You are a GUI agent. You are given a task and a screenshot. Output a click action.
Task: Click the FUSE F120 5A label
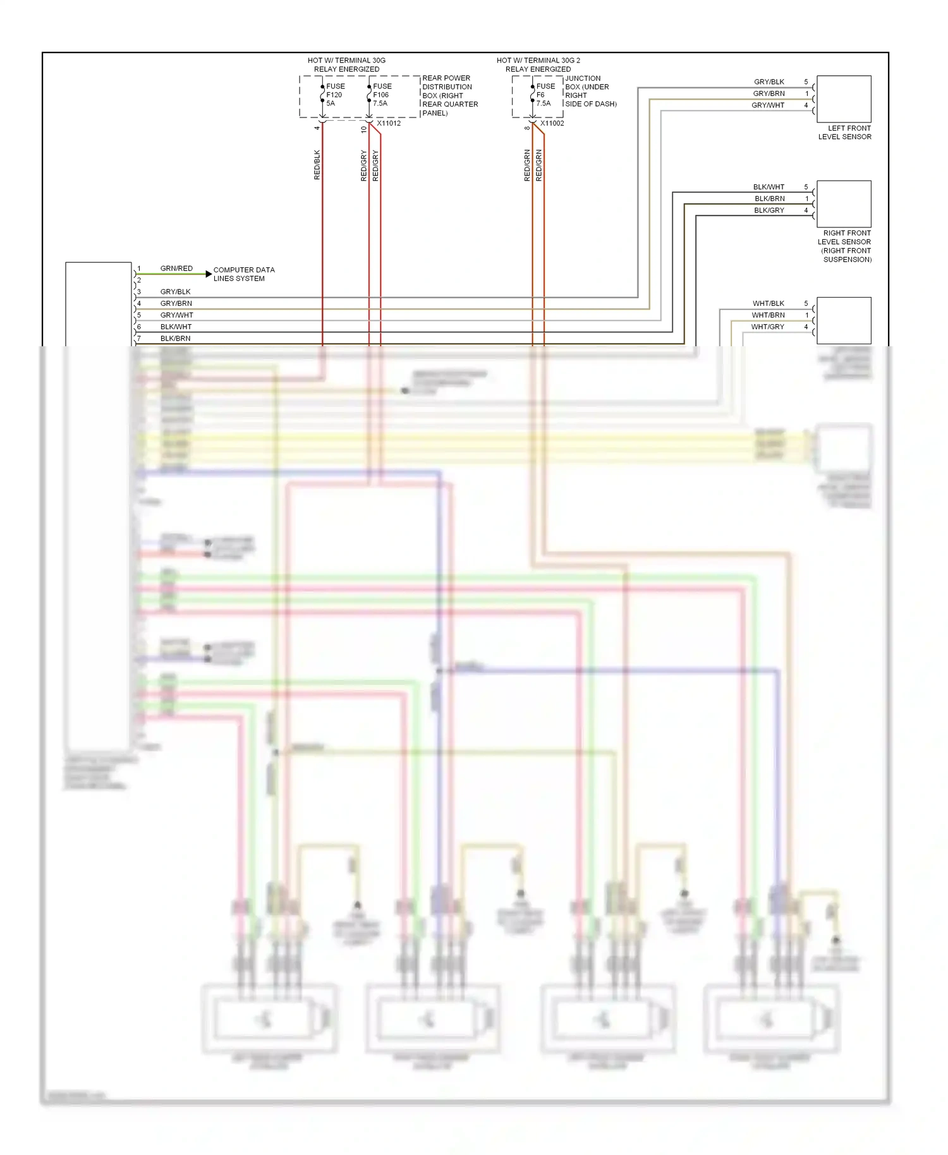click(x=335, y=95)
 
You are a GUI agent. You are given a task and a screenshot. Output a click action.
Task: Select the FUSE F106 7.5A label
click(x=382, y=95)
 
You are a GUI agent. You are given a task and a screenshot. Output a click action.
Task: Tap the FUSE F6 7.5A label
click(x=545, y=95)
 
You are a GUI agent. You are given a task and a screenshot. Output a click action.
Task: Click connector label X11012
click(x=389, y=123)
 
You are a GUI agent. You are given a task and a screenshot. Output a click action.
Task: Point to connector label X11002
click(x=552, y=123)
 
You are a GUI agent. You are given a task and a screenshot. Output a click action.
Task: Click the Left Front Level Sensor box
click(x=844, y=99)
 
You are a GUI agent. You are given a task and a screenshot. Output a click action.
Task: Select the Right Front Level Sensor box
click(x=844, y=204)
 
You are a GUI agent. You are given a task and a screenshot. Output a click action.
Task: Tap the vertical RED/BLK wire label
click(x=317, y=165)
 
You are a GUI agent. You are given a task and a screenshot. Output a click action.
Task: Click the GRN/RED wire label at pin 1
click(x=176, y=269)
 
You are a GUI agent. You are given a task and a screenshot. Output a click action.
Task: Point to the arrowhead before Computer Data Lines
click(x=209, y=274)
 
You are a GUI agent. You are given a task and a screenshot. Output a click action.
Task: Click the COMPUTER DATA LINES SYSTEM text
click(x=243, y=274)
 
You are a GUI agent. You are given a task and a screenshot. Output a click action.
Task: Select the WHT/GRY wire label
click(x=767, y=327)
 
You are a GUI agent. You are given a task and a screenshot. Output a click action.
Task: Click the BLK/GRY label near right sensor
click(x=769, y=210)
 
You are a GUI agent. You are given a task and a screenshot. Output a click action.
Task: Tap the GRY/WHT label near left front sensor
click(x=768, y=106)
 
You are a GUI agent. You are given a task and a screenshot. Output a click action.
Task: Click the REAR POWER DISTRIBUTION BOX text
click(x=449, y=95)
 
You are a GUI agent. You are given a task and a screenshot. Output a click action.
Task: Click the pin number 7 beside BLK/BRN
click(x=139, y=339)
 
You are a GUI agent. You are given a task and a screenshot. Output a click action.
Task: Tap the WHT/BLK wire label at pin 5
click(x=768, y=303)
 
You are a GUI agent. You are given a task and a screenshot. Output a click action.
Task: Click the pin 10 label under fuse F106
click(x=363, y=130)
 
